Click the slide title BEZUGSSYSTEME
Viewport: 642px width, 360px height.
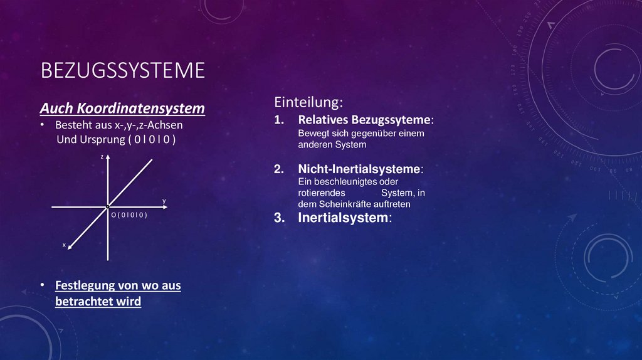[122, 70]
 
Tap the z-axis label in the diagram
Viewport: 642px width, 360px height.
[102, 157]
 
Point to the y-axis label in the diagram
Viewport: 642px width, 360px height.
[164, 201]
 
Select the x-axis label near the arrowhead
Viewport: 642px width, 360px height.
[63, 245]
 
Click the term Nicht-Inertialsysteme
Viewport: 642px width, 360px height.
[359, 169]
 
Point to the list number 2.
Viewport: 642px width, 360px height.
[278, 169]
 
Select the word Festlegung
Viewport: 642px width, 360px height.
[85, 285]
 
